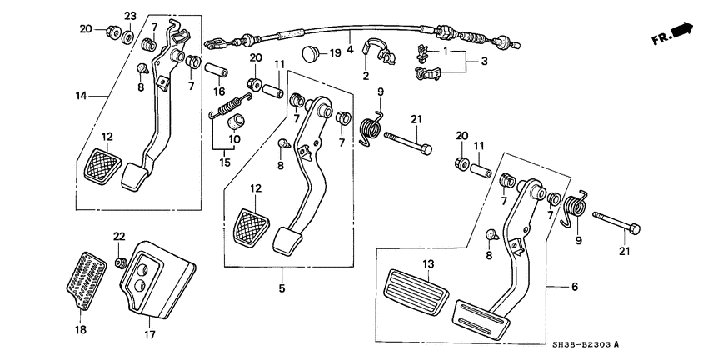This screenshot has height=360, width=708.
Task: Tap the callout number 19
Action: (335, 53)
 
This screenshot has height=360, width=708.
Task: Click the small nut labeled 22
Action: (122, 263)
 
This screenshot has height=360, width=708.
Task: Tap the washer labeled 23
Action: (128, 37)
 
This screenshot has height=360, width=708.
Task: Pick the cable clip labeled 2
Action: (385, 56)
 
